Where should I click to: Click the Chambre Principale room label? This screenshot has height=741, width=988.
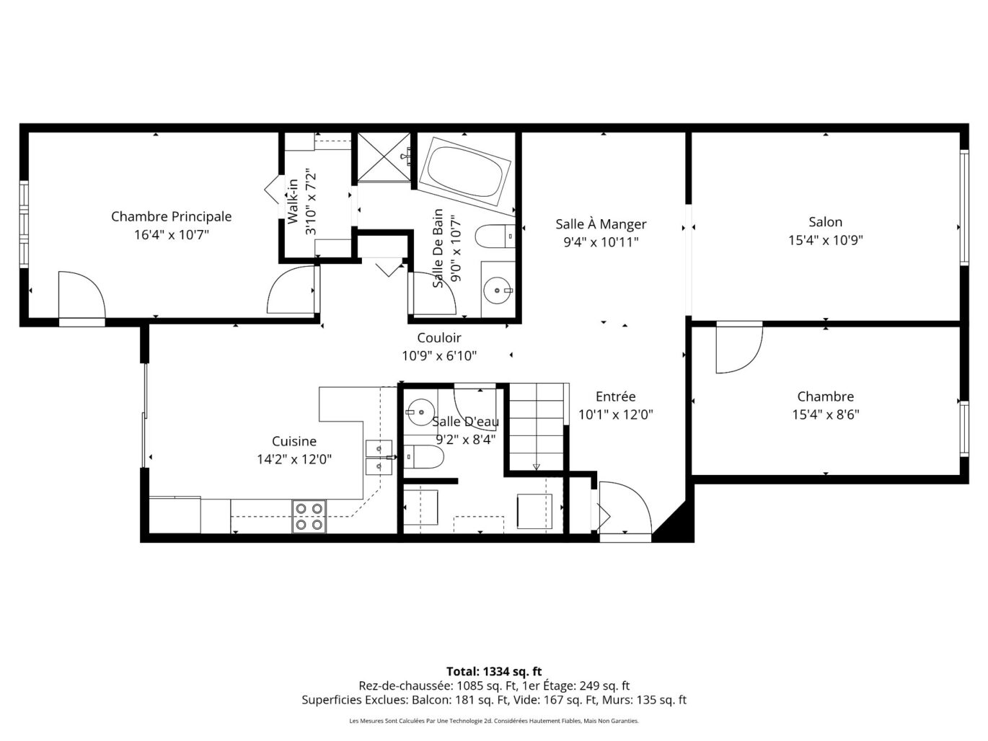pos(171,216)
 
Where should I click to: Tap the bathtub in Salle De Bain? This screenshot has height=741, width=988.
pos(464,172)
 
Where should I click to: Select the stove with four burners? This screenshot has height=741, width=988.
pos(309,516)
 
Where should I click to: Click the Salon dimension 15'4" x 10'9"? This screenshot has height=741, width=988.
pos(825,240)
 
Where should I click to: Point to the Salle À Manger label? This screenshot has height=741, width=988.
pos(601,223)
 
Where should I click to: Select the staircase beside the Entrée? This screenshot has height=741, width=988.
pos(536,427)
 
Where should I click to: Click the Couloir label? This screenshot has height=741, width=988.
pos(439,337)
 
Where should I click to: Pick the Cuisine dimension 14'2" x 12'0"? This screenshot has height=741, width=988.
pos(294,459)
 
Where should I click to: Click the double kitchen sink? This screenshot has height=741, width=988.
pos(379,458)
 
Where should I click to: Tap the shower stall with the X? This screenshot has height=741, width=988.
pos(384,158)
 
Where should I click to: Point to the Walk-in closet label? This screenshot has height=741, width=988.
pos(293,202)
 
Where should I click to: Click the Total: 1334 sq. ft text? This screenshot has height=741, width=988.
pos(494,671)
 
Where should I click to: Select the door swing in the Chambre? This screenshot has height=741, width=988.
pos(739,347)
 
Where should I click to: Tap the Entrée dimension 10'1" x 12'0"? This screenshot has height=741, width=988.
pos(615,414)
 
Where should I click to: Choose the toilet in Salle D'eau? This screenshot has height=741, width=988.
pos(423,457)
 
